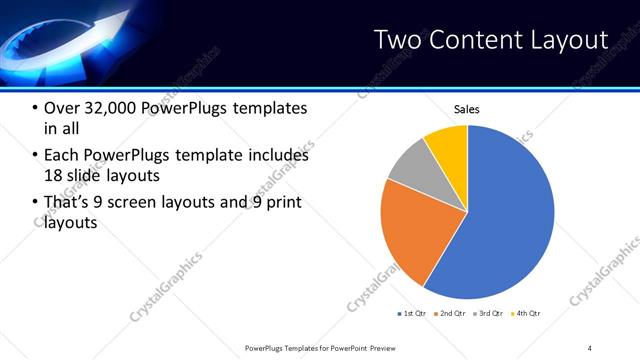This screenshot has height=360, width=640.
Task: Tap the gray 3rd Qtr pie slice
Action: (x=408, y=168)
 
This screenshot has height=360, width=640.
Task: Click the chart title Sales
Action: (x=467, y=109)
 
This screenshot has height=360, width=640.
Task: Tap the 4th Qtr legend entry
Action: (x=527, y=314)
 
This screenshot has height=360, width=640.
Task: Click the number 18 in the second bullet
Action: (x=54, y=175)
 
